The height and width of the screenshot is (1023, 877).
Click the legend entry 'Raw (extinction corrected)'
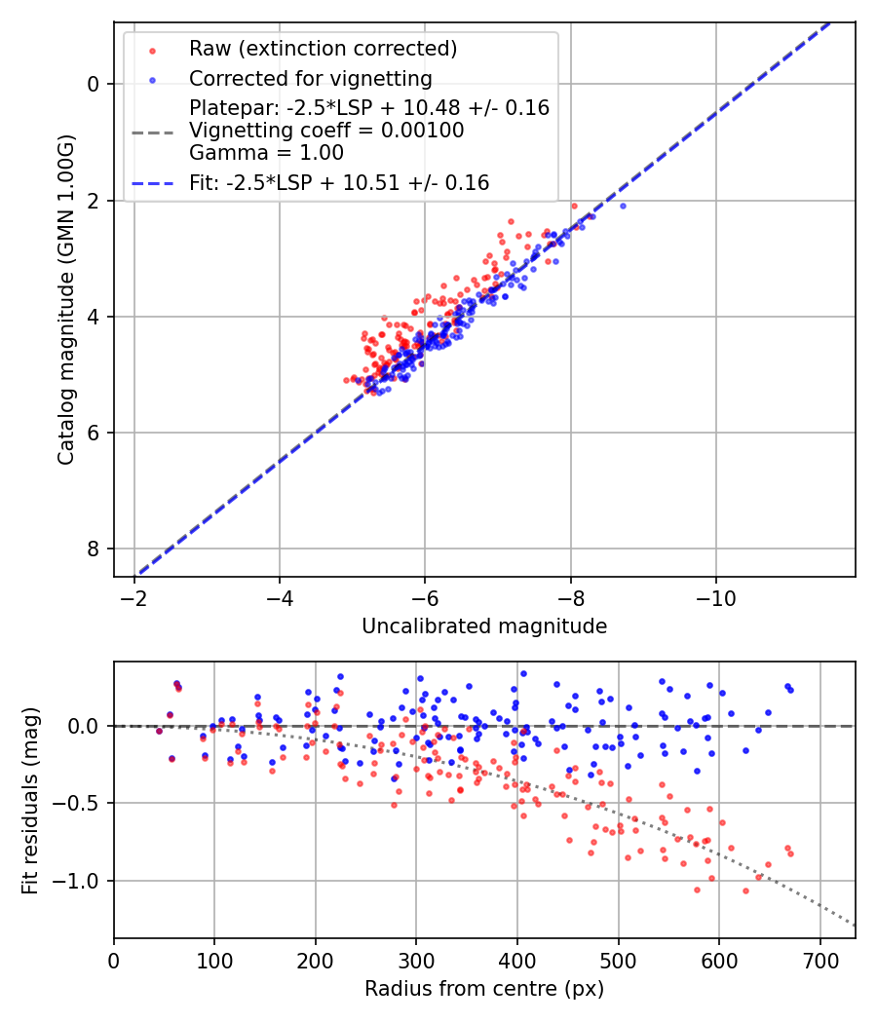click(323, 49)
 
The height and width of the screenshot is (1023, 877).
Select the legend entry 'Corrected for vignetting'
click(311, 78)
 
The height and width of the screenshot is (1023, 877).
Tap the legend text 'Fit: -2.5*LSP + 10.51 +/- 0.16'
click(339, 182)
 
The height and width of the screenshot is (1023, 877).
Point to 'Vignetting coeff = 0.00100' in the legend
click(326, 131)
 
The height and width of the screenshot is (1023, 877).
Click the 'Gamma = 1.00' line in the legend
click(266, 152)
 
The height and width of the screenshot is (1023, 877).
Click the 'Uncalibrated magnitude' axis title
click(484, 626)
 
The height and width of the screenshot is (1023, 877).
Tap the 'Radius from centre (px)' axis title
click(484, 989)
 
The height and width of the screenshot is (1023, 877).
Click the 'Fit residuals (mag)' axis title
click(30, 800)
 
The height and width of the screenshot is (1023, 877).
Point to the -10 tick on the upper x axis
click(716, 594)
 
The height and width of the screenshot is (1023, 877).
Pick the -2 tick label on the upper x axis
click(134, 594)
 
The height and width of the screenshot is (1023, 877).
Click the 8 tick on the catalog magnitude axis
click(94, 549)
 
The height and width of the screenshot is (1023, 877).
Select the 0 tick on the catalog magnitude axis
click(94, 84)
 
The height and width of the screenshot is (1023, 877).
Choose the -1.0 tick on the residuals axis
click(82, 881)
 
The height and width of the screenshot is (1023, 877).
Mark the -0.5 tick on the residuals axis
click(82, 804)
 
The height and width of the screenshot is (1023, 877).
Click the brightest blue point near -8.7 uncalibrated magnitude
click(623, 206)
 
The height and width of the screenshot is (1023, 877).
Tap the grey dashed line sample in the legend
click(152, 131)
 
